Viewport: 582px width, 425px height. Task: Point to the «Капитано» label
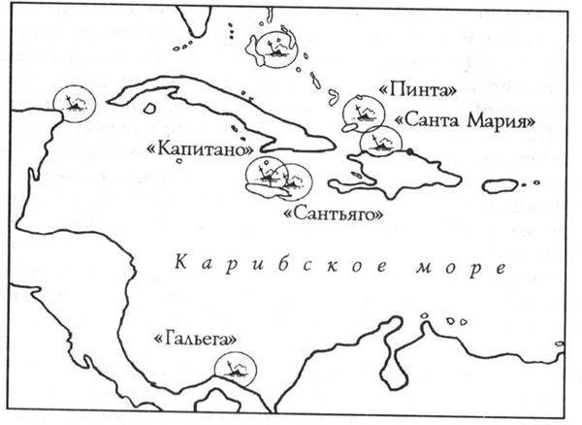click(199, 150)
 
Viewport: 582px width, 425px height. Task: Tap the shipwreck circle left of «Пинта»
click(359, 112)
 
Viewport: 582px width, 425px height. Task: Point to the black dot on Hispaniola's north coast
click(411, 153)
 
